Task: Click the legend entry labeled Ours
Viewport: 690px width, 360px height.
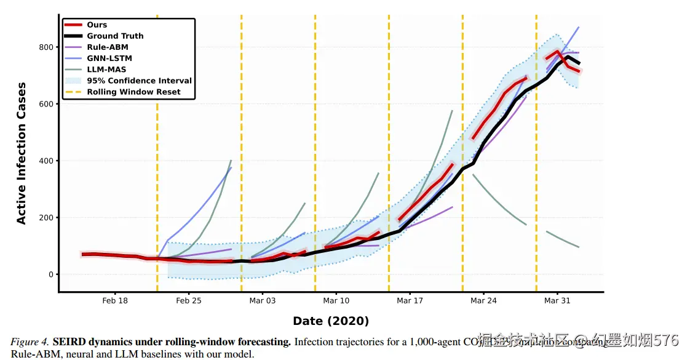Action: (97, 25)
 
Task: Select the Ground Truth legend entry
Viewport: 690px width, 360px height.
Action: (114, 36)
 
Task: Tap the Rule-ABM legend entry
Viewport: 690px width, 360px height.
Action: (107, 47)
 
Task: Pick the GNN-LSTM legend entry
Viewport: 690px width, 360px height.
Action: (109, 58)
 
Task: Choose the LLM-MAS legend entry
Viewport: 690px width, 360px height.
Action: (107, 70)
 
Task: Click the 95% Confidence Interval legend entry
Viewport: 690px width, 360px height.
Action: (139, 81)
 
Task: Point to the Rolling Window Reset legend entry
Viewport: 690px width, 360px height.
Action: (133, 92)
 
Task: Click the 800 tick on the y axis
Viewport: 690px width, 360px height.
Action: (46, 47)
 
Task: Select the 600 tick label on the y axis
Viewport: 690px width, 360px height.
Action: (46, 104)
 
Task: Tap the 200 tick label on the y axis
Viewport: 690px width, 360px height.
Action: (46, 218)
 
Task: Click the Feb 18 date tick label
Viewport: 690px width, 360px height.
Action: (115, 301)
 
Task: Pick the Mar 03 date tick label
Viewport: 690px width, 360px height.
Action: (263, 301)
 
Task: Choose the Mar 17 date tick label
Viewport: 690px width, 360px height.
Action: (410, 301)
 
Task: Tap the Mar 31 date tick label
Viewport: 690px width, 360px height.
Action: (557, 301)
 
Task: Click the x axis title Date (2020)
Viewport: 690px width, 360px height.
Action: (331, 321)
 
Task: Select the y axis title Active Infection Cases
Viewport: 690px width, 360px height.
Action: (22, 154)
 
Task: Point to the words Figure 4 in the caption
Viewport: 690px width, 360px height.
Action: (28, 342)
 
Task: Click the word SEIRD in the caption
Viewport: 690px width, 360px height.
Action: (69, 342)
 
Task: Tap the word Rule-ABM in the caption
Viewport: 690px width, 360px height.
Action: (32, 354)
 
